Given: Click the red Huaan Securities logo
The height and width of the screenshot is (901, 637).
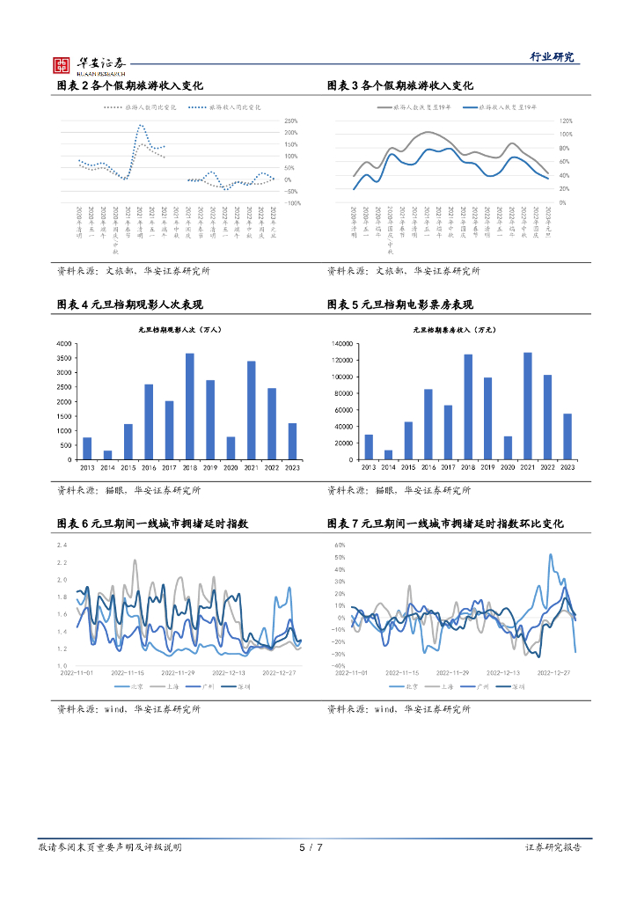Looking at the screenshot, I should tap(62, 63).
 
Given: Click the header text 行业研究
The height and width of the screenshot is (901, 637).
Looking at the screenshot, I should tap(552, 57).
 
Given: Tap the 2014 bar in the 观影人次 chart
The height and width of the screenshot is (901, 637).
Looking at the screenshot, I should tap(107, 455).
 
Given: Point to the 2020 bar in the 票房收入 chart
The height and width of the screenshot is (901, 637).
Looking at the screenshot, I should tap(508, 448).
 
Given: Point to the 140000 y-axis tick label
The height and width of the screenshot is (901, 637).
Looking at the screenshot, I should tap(340, 343).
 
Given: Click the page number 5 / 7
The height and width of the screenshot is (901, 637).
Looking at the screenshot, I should tap(311, 847).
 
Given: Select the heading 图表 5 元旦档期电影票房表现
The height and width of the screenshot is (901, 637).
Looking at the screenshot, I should tap(399, 304).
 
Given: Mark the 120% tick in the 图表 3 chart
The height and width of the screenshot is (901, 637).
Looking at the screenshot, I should tap(567, 121).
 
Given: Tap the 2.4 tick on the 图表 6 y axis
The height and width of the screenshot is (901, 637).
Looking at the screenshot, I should tap(62, 545).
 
